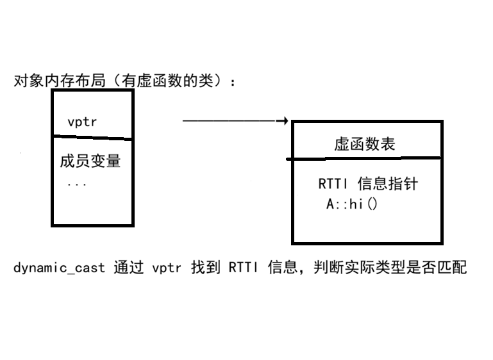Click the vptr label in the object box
click(81, 121)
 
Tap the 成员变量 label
click(86, 161)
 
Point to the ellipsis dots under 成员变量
click(76, 184)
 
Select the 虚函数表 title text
click(365, 143)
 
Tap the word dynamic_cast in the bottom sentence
click(58, 268)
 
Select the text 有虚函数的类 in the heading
click(172, 81)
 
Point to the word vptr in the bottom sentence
click(167, 268)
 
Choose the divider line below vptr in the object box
click(92, 138)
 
